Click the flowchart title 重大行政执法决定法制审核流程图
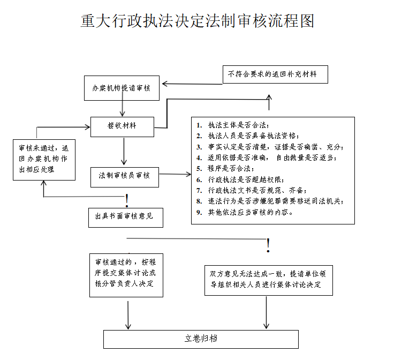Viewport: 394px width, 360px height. pyautogui.click(x=197, y=21)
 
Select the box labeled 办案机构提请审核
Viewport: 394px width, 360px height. pyautogui.click(x=123, y=88)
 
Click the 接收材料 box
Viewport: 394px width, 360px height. pyautogui.click(x=123, y=126)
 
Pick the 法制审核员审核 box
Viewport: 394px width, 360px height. pyautogui.click(x=124, y=175)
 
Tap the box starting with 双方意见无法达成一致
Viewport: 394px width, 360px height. pyautogui.click(x=268, y=280)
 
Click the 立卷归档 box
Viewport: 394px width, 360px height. pyautogui.click(x=201, y=339)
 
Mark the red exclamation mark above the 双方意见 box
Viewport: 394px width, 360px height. pyautogui.click(x=268, y=245)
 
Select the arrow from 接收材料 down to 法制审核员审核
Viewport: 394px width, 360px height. pyautogui.click(x=124, y=152)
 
